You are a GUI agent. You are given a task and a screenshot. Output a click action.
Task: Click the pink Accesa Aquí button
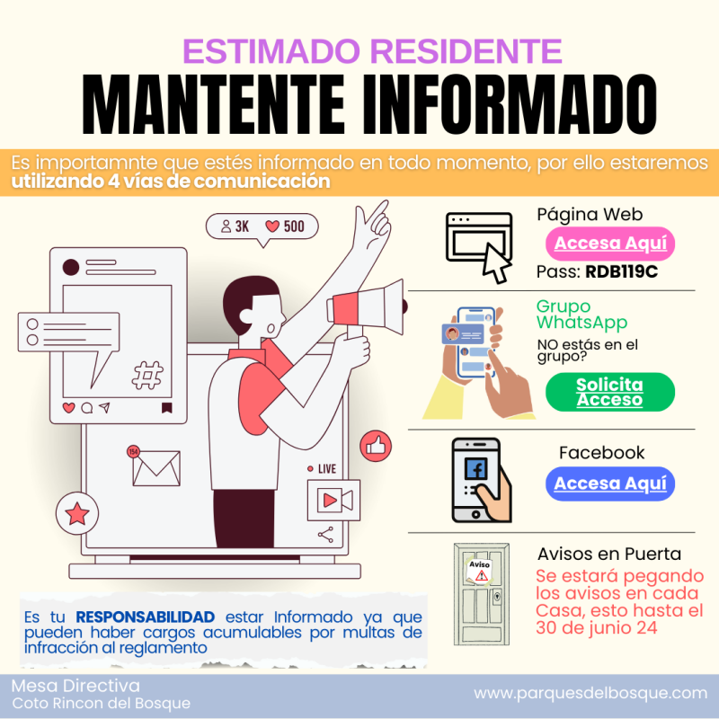610,244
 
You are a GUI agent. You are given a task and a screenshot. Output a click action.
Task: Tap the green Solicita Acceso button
610,392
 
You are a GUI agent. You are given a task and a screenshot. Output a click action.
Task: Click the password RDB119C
621,272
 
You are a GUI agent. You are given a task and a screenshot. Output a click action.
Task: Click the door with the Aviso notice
482,594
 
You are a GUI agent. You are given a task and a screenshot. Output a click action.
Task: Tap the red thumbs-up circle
376,446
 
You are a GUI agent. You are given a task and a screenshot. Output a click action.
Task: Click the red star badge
77,513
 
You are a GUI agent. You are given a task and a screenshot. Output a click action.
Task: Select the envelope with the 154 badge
154,466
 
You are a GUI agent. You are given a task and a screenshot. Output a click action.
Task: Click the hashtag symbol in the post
147,375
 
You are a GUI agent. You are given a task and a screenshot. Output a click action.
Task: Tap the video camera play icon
333,501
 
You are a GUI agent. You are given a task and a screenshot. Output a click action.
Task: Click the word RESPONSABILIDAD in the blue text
146,617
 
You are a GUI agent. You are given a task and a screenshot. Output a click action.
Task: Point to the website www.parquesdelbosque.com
590,693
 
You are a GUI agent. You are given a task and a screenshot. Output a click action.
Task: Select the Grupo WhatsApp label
581,315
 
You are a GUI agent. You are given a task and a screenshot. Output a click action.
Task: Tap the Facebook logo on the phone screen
475,468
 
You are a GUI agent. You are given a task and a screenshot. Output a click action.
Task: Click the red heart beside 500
272,226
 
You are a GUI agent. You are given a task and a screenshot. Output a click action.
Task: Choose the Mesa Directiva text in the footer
75,686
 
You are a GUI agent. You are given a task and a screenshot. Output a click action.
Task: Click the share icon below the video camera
325,535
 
